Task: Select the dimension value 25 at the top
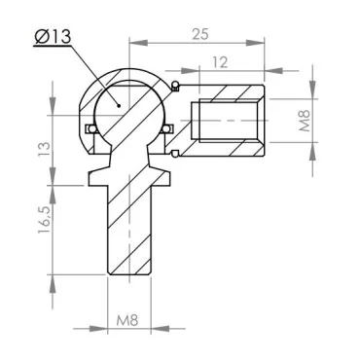(x=199, y=33)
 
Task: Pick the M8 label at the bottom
(x=129, y=318)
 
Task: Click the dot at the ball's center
(x=118, y=100)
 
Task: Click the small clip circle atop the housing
(x=174, y=87)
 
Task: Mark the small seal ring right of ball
(x=166, y=128)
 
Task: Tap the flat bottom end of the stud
(x=129, y=276)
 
